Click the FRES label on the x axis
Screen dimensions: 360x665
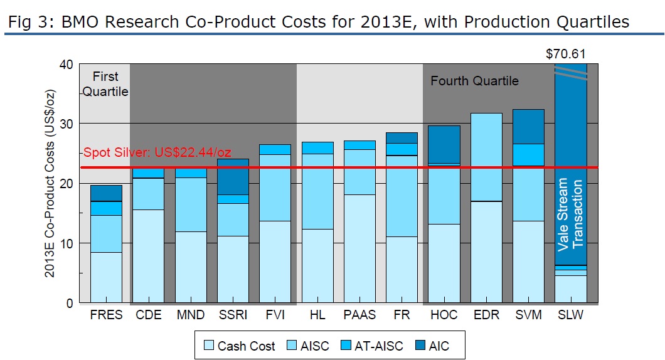pos(106,315)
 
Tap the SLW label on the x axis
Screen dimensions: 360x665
pos(570,315)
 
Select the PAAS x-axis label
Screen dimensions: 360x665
pos(359,315)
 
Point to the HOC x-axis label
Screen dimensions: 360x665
pos(444,315)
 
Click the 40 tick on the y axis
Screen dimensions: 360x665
pos(66,65)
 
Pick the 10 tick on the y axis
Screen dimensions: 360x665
pos(66,243)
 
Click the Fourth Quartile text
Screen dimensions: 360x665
pos(474,81)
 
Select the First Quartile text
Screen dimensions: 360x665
pos(105,84)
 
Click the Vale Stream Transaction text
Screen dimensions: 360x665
pos(570,213)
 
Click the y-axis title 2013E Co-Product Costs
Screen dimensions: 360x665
pos(53,183)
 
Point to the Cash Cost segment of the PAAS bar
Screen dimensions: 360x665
pos(359,248)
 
